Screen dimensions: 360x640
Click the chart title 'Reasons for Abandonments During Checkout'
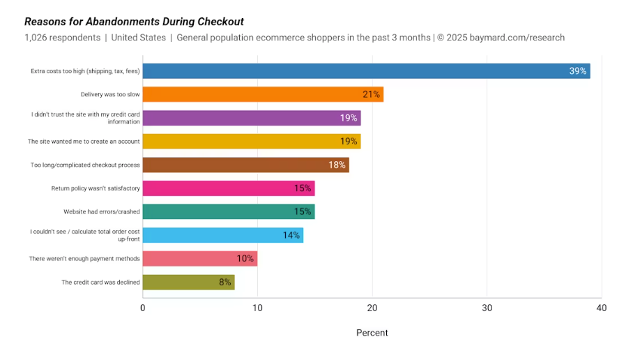[134, 22]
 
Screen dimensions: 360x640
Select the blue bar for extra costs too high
[366, 70]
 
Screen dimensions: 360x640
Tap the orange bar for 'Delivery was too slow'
[263, 94]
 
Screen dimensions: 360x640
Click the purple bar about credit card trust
[251, 118]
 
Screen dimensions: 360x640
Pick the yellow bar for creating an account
[251, 142]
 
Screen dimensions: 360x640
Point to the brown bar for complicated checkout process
[245, 165]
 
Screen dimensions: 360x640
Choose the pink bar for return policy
[228, 188]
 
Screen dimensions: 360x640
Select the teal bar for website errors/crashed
[228, 212]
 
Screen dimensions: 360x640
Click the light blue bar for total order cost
[222, 235]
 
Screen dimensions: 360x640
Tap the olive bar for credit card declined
[188, 283]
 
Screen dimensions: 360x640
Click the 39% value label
[577, 71]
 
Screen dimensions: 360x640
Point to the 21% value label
[371, 94]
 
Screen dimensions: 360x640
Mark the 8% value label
[225, 283]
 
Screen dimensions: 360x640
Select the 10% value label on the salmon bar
[245, 259]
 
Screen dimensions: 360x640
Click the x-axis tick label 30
[487, 308]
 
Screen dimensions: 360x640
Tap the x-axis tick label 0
[143, 308]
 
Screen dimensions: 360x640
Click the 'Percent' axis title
[372, 333]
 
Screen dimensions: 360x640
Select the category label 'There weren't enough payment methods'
[84, 259]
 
